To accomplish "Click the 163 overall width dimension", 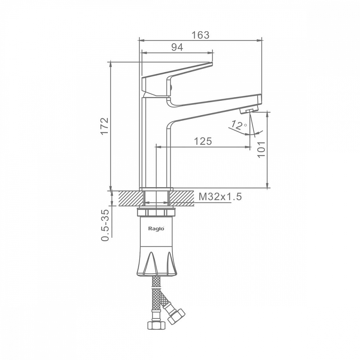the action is click(201, 35).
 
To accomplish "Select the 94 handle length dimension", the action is click(177, 47).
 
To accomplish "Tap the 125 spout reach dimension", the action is click(203, 141).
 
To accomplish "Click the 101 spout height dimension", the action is click(261, 149).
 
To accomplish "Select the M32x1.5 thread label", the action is click(220, 197).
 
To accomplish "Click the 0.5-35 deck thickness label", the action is click(105, 225).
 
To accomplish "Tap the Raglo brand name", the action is click(156, 229).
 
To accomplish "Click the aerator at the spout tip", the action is click(249, 111).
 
